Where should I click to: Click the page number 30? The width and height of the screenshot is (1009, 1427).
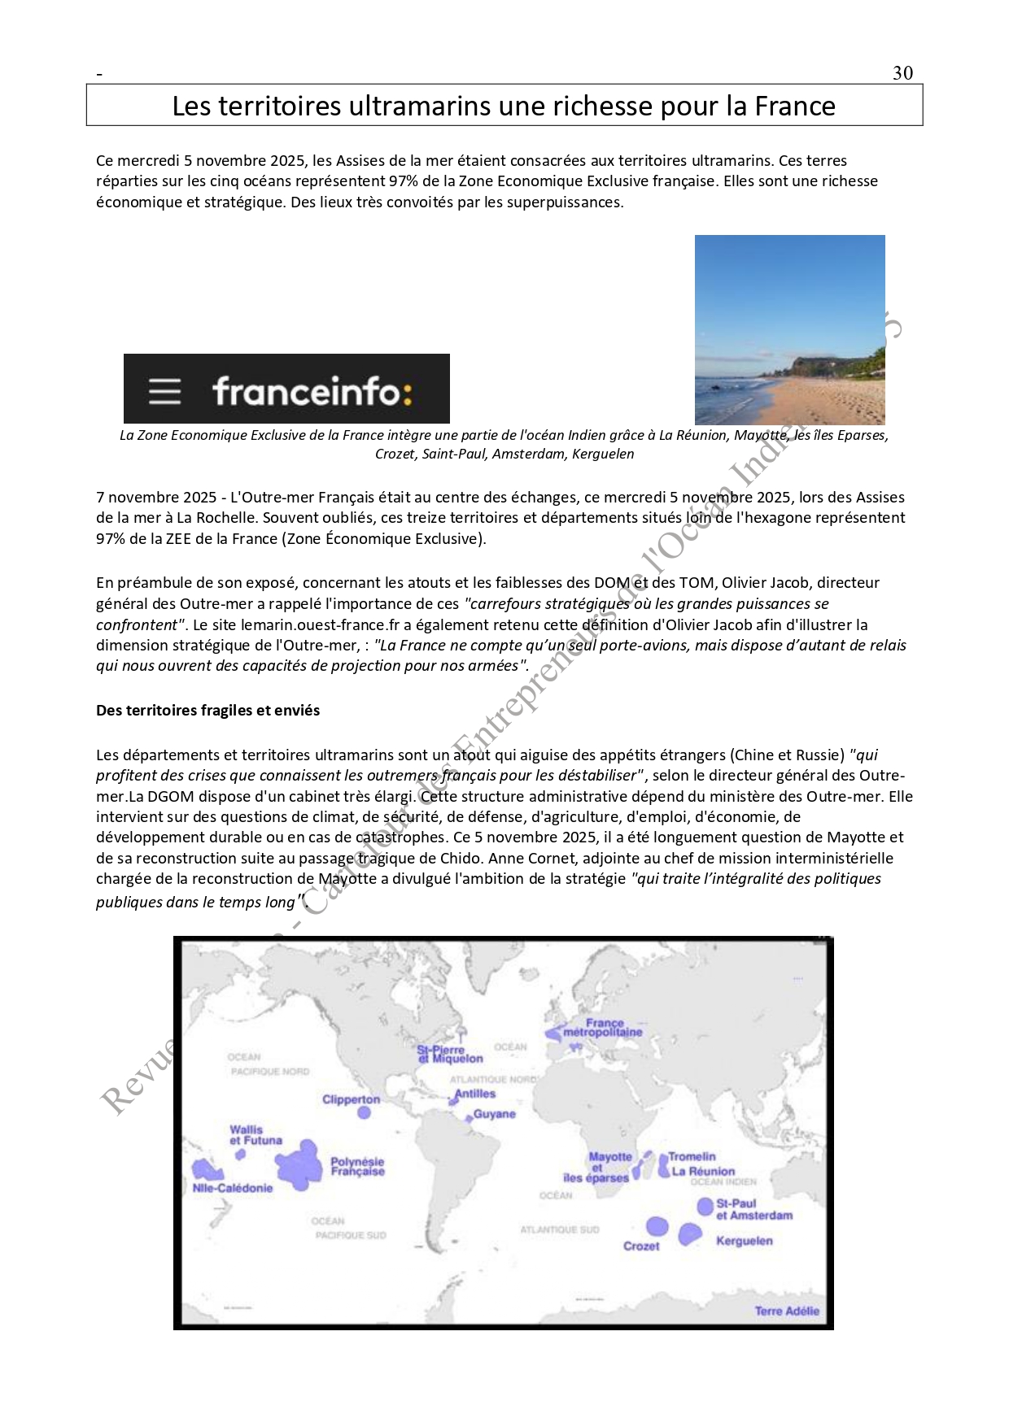click(x=902, y=73)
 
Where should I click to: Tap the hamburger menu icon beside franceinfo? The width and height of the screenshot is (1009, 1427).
click(x=164, y=391)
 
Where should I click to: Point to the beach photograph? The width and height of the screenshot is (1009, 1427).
click(x=789, y=329)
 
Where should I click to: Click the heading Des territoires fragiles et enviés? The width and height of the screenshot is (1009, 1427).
click(x=207, y=710)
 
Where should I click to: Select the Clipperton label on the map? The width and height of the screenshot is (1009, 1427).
click(x=351, y=1099)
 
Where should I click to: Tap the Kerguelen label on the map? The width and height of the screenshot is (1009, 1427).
click(x=744, y=1241)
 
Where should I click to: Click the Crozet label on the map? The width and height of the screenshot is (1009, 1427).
click(x=641, y=1246)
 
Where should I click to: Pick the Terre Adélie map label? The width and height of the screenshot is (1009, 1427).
click(x=786, y=1311)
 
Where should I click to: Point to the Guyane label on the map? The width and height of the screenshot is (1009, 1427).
click(x=494, y=1114)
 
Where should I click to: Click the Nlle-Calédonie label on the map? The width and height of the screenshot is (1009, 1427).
click(x=233, y=1188)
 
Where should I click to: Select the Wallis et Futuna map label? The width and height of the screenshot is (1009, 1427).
click(x=255, y=1134)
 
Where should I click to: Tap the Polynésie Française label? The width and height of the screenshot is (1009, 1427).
click(x=357, y=1167)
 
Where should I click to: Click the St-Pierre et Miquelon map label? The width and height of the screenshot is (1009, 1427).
click(x=450, y=1054)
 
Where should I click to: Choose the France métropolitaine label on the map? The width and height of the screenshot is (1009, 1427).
click(x=603, y=1028)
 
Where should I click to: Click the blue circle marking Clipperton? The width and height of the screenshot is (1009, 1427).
click(x=364, y=1112)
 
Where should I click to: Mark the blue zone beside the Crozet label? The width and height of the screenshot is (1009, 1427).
click(x=657, y=1226)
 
